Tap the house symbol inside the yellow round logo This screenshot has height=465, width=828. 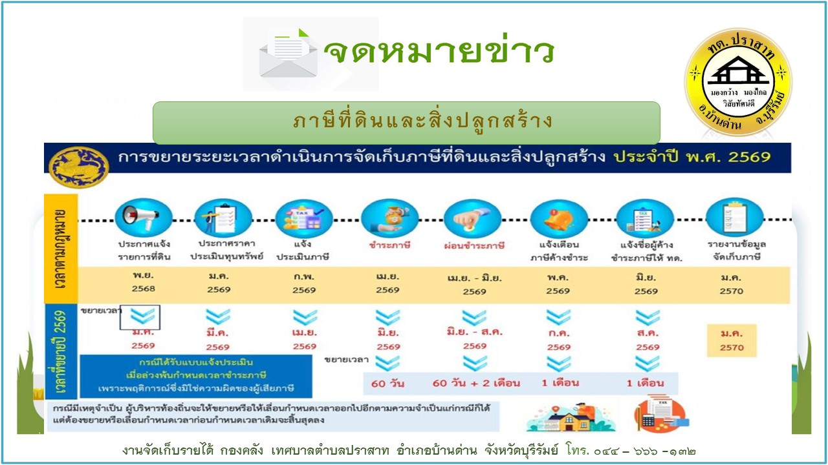pyautogui.click(x=738, y=72)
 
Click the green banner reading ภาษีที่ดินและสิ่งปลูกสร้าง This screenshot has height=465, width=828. pyautogui.click(x=406, y=122)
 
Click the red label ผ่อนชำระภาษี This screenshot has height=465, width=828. pyautogui.click(x=474, y=246)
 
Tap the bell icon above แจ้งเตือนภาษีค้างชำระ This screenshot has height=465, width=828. pyautogui.click(x=558, y=218)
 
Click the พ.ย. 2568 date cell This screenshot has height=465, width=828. pyautogui.click(x=143, y=283)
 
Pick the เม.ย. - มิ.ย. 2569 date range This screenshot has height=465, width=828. pyautogui.click(x=474, y=285)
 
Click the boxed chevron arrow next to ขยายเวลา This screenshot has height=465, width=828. pyautogui.click(x=140, y=317)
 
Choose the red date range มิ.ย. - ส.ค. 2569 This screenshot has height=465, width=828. pyautogui.click(x=474, y=338)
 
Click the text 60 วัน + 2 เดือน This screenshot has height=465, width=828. pyautogui.click(x=475, y=383)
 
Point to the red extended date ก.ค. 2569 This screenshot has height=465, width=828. pyautogui.click(x=558, y=340)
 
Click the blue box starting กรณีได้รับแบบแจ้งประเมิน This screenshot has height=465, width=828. pyautogui.click(x=195, y=376)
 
